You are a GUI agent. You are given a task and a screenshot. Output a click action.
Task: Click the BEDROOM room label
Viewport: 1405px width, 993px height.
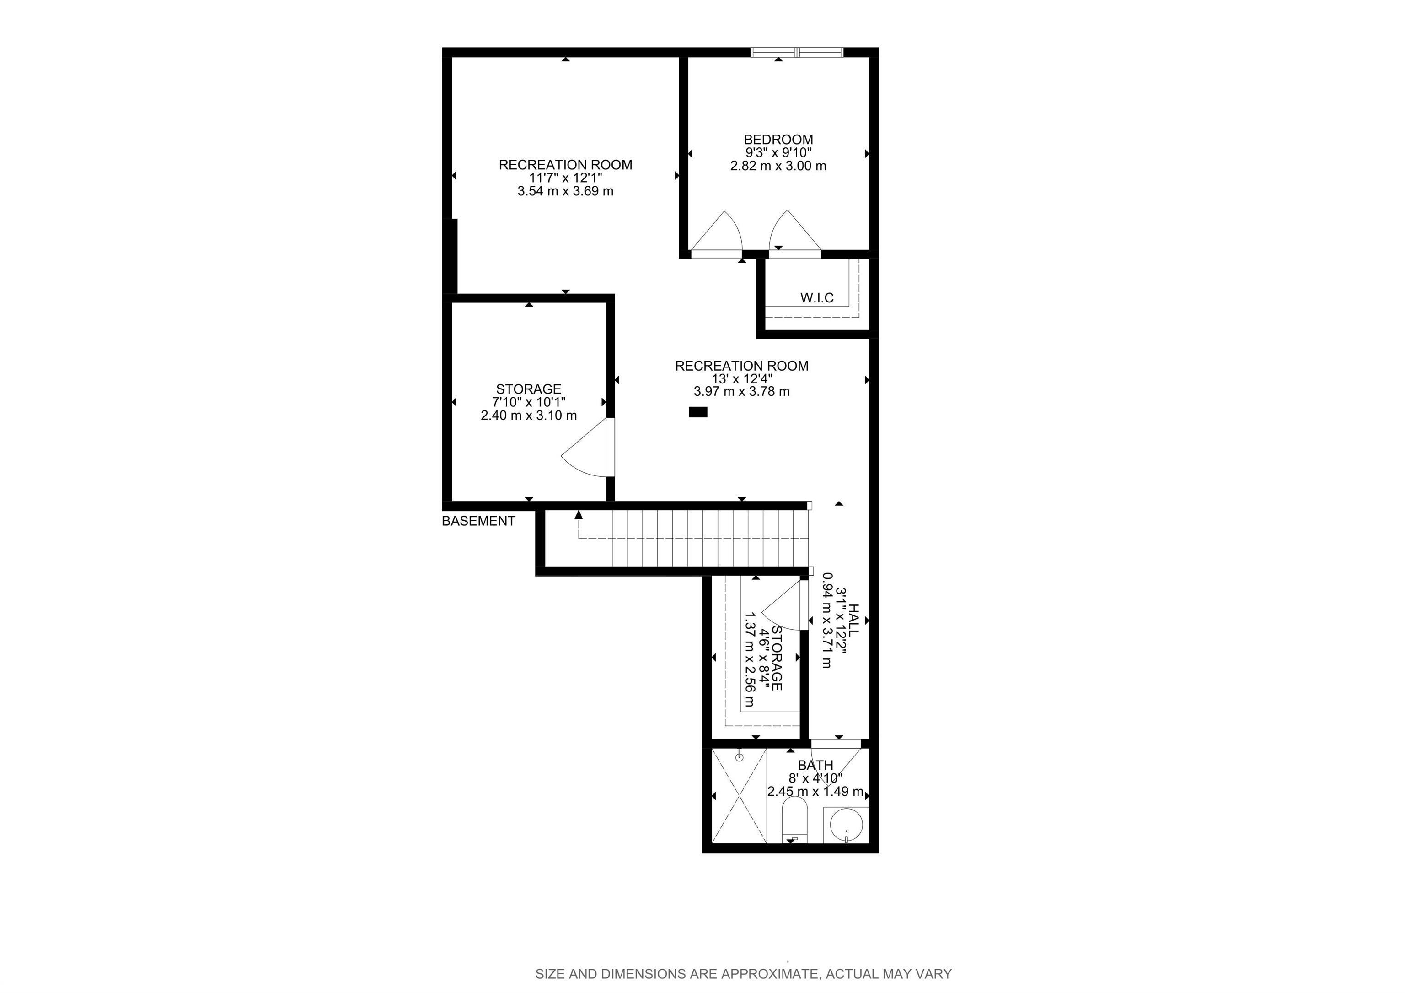(x=778, y=140)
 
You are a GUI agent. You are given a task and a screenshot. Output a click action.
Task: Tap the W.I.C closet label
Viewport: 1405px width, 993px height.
(x=817, y=298)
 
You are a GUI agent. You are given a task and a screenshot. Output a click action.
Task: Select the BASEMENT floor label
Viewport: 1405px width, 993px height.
(x=478, y=521)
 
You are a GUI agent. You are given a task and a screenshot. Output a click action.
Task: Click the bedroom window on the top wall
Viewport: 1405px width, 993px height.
(x=797, y=53)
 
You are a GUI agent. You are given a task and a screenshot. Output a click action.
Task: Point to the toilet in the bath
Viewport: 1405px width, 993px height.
(x=795, y=820)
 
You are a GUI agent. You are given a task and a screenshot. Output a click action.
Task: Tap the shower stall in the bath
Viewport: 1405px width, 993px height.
(x=739, y=796)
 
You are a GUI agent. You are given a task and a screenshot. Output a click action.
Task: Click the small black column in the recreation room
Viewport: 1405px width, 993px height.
(x=698, y=412)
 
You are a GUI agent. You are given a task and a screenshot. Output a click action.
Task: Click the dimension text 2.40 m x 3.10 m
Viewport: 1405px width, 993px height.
(x=529, y=416)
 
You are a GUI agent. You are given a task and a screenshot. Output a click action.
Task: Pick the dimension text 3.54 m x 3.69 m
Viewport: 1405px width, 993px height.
(x=565, y=191)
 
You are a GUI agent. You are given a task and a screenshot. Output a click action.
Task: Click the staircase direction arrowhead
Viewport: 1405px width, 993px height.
(x=578, y=515)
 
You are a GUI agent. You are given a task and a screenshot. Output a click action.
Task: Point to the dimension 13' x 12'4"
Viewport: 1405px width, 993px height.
(x=742, y=378)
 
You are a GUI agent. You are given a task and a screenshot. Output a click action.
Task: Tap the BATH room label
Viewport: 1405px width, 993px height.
(x=815, y=765)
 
